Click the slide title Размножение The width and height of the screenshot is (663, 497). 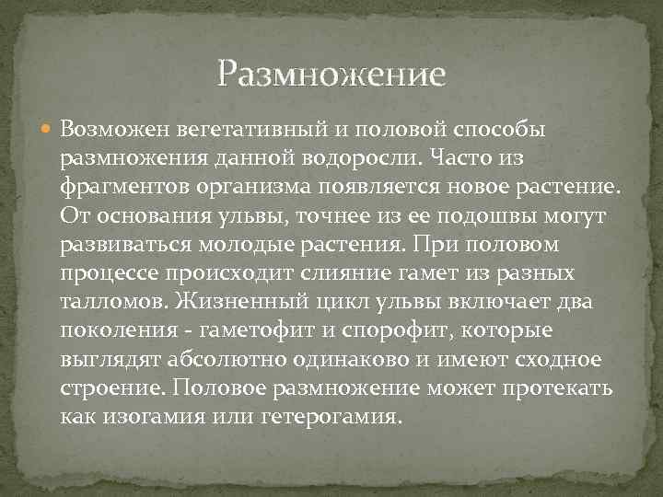[x=331, y=72]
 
